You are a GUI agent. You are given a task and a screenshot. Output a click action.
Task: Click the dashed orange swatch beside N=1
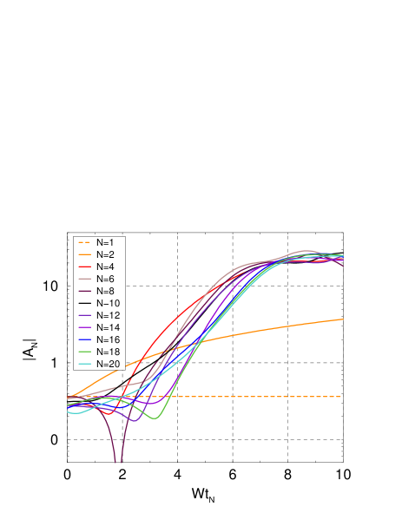(84, 242)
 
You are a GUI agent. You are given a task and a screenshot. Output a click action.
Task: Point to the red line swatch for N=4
(84, 267)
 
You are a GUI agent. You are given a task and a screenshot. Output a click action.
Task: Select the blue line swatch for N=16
(84, 339)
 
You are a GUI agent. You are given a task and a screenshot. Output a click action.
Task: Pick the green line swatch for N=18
(84, 352)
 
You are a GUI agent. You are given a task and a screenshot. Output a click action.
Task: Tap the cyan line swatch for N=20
(84, 364)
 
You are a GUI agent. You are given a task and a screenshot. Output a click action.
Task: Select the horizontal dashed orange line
(260, 397)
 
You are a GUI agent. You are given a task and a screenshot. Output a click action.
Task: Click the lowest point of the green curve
(155, 418)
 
